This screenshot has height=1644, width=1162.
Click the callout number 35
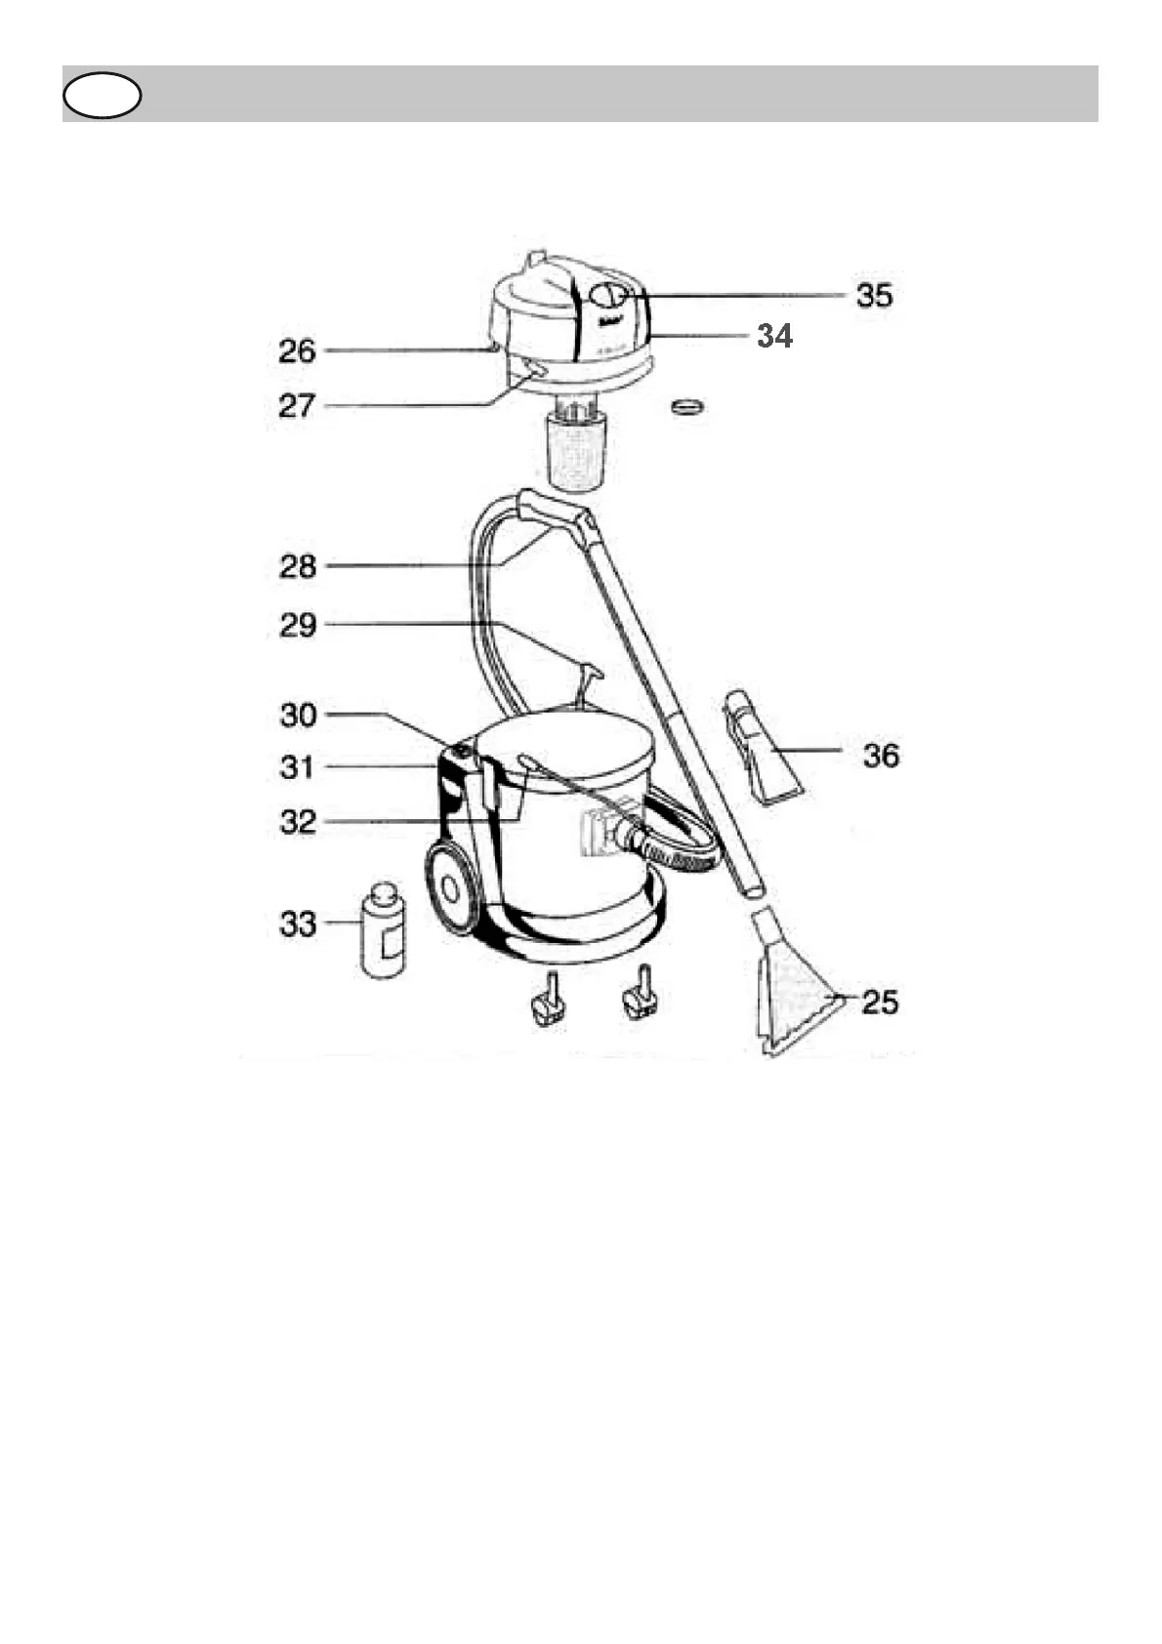pos(874,295)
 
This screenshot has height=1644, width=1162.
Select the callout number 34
pos(775,336)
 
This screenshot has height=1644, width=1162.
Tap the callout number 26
pos(297,350)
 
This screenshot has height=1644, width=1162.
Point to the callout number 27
pos(297,406)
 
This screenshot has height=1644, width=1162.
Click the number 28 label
pos(297,566)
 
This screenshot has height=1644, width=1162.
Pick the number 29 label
pos(297,626)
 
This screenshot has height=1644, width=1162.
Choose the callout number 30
pos(298,715)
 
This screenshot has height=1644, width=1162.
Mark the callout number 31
pos(297,767)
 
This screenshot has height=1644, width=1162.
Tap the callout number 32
pos(298,822)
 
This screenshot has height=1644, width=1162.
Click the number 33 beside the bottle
pos(298,924)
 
